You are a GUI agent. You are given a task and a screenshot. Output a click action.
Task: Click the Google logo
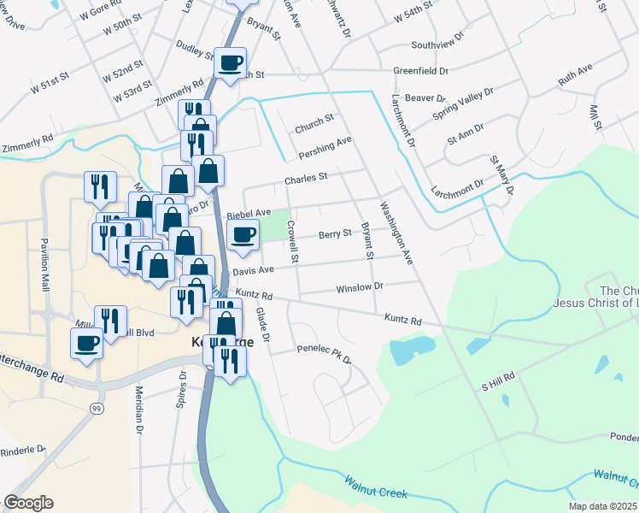(28, 503)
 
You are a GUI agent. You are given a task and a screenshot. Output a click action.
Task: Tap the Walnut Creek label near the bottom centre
(377, 489)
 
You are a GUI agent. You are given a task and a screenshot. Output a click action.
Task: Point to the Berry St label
(335, 233)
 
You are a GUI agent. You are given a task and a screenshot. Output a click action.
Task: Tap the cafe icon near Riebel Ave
(244, 233)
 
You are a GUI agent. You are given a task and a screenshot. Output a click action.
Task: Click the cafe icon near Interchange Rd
(87, 343)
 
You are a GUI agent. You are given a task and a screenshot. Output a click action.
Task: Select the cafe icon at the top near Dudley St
(231, 62)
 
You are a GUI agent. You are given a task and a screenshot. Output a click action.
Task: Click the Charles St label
(306, 180)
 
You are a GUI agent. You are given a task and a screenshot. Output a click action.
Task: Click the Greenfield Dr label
(420, 70)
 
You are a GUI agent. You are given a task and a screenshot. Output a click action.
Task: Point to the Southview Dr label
(437, 44)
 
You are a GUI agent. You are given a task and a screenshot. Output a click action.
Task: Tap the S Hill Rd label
(498, 380)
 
